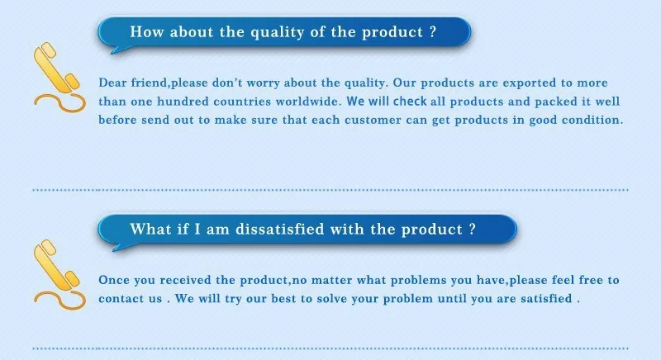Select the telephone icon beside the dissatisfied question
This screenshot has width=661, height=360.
(x=56, y=272)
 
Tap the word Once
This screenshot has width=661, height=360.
(x=114, y=280)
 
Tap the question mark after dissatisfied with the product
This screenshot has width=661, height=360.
(x=471, y=229)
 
